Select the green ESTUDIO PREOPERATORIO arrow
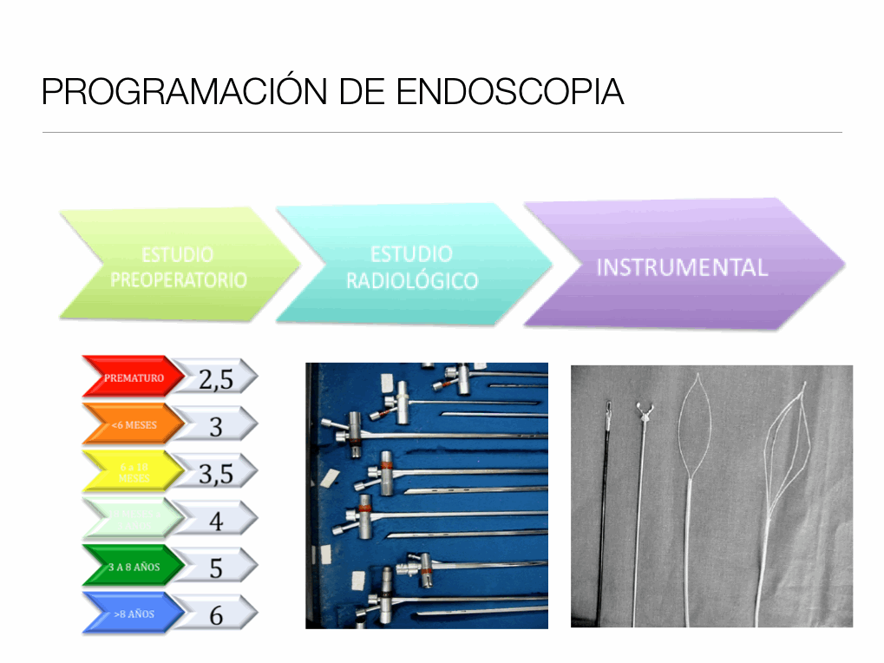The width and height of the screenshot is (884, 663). click(x=178, y=267)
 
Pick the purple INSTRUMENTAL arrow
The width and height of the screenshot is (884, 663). click(x=682, y=266)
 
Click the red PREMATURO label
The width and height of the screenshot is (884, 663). click(x=134, y=377)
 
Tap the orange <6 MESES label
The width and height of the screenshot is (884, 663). click(x=134, y=424)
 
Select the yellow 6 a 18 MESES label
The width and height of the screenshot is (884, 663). click(x=134, y=472)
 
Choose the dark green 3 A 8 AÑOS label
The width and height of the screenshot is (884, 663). click(x=134, y=567)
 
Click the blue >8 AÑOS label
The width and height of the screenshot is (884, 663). click(x=134, y=614)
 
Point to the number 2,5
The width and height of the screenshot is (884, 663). click(x=216, y=378)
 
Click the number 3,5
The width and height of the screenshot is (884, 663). click(x=216, y=473)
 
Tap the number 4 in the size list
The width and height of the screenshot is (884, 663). click(x=216, y=521)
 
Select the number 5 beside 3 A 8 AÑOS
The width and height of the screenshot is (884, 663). click(x=216, y=568)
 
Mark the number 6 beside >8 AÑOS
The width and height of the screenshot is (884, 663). click(x=216, y=615)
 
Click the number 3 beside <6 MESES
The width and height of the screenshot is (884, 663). click(x=216, y=426)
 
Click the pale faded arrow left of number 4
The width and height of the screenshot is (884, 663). click(x=134, y=519)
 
